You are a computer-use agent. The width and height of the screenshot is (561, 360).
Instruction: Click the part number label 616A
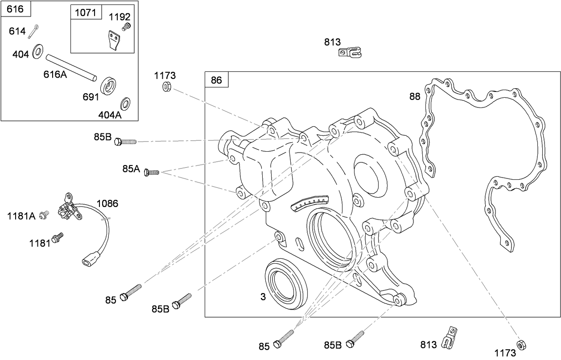coord(55,74)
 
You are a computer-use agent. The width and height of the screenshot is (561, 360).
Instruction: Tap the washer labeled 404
coord(38,51)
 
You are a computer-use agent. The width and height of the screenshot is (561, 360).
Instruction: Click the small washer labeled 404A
coord(126,103)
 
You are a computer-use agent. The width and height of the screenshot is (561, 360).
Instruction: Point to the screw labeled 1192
coord(126,27)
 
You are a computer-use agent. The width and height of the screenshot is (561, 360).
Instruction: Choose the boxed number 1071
coord(85,12)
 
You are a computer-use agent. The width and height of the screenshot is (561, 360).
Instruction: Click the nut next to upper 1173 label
coord(166,87)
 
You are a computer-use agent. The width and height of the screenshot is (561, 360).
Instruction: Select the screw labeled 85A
coord(152,172)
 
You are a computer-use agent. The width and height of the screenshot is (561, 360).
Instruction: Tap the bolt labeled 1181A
coord(44,215)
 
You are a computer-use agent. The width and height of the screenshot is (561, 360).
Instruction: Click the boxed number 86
coord(216,81)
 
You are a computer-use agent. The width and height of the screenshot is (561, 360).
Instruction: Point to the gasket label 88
coord(414,96)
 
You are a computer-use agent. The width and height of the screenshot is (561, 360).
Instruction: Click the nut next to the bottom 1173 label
coord(520,344)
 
